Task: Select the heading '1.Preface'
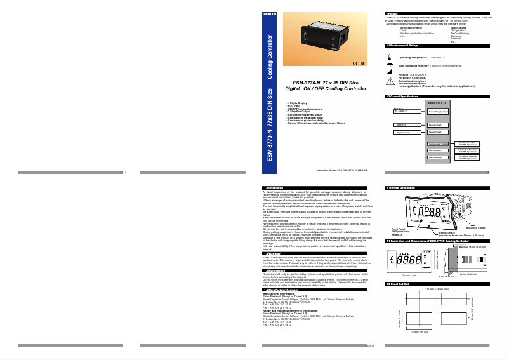pyautogui.click(x=392, y=13)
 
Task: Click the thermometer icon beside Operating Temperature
pyautogui.click(x=388, y=57)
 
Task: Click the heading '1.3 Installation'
pyautogui.click(x=274, y=187)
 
